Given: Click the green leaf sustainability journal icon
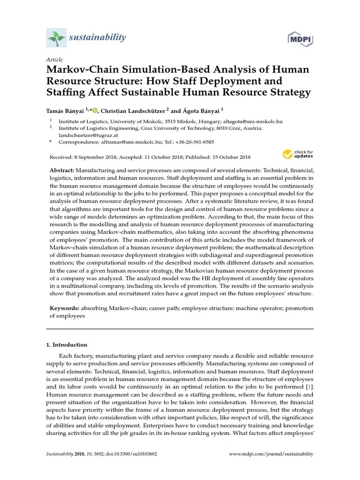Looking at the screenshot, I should [55, 37].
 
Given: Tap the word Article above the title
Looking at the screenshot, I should [54, 60].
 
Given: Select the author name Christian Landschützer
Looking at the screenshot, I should [133, 111].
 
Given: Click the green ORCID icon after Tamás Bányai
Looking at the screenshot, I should [95, 111].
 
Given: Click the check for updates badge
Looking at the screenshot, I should [298, 154].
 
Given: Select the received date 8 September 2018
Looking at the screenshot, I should [94, 157].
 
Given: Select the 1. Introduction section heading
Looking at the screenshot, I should [67, 345].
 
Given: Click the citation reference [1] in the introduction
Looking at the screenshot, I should [309, 387].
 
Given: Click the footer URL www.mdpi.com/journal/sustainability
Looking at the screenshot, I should [271, 454].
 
